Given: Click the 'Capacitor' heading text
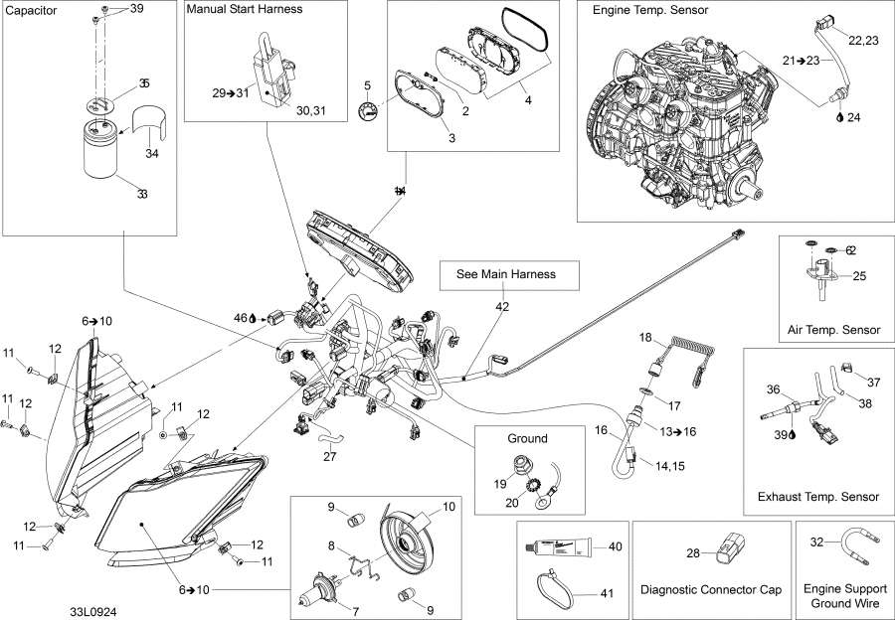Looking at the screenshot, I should (32, 10).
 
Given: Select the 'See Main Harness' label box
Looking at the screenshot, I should (505, 274).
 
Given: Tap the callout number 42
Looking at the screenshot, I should (502, 307).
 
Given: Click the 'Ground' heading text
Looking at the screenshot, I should (527, 438).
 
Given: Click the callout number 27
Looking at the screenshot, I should (330, 458).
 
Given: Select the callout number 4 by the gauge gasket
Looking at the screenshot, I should (528, 100).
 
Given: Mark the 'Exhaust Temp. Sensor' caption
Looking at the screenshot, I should (818, 497).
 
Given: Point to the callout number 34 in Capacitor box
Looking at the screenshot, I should (151, 153).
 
